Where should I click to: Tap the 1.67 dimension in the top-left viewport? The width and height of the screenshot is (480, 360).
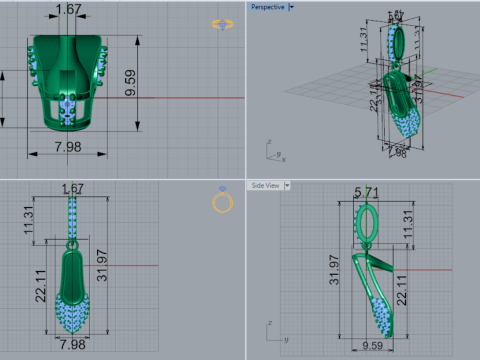click(70, 10)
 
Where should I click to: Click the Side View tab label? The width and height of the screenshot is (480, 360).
click(265, 185)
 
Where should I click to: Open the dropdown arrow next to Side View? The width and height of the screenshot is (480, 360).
click(287, 185)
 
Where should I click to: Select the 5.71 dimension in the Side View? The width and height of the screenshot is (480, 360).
click(367, 192)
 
